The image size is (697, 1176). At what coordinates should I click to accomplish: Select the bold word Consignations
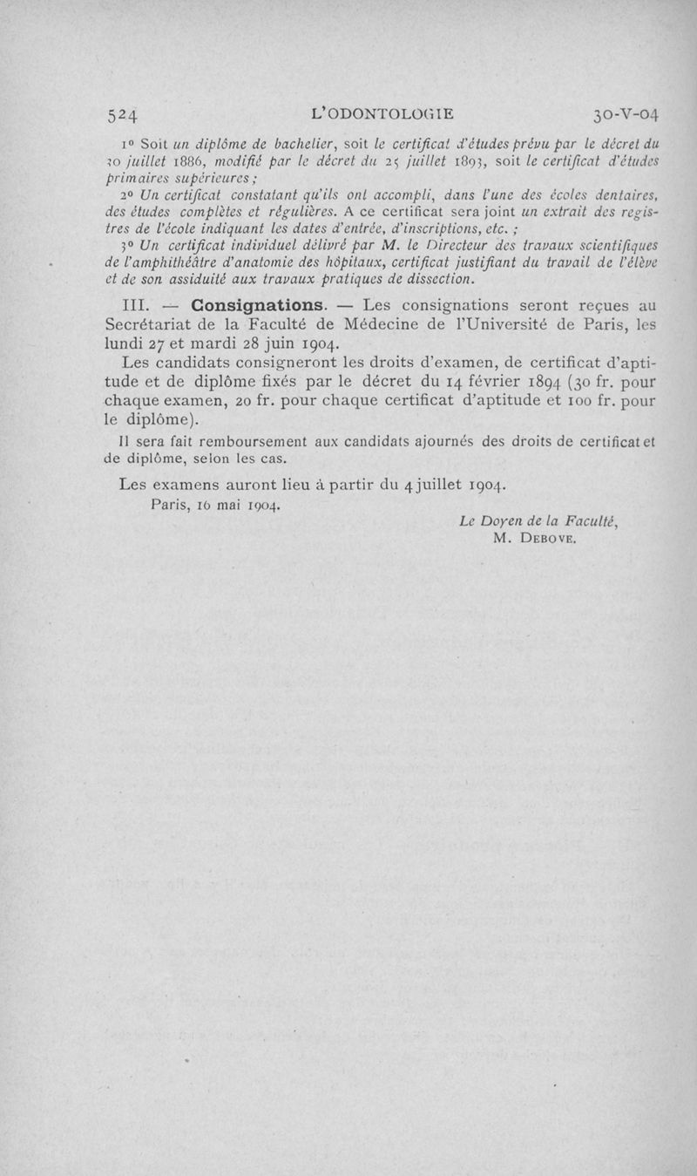click(x=259, y=306)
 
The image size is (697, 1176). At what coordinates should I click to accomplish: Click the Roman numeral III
click(x=139, y=306)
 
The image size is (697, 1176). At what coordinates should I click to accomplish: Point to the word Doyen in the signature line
click(x=497, y=521)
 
